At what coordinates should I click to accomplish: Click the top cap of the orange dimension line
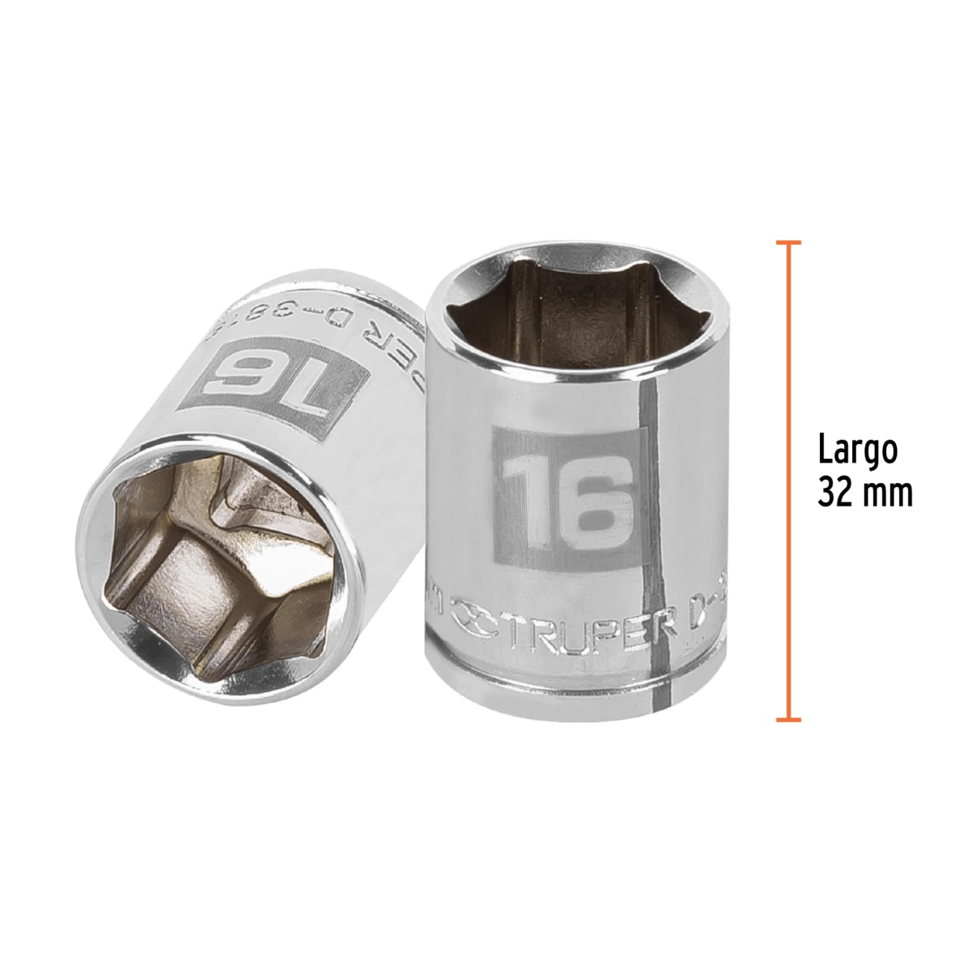point(787,243)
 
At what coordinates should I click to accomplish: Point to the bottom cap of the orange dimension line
point(787,719)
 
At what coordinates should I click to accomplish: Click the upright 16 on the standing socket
point(566,497)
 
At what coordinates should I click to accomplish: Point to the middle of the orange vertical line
point(787,481)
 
